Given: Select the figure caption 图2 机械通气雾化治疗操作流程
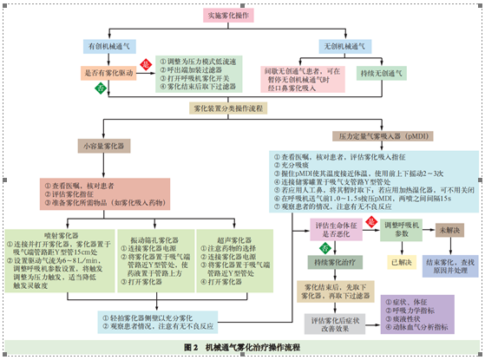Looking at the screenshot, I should (x=242, y=346).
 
